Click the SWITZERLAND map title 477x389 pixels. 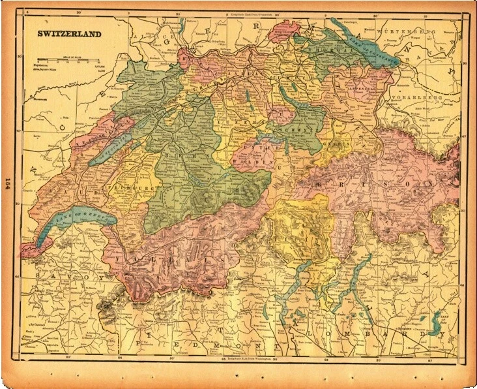(x=68, y=33)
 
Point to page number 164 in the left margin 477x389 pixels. (x=8, y=189)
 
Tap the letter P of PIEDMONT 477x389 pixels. (x=141, y=341)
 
